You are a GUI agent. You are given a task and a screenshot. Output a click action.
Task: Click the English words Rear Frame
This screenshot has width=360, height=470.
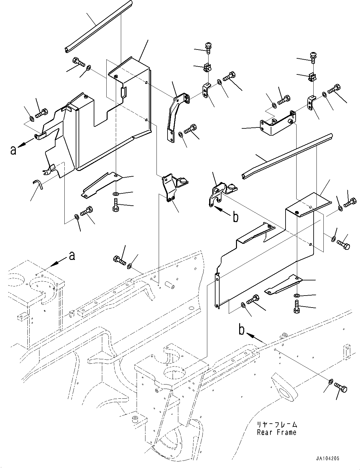coord(277,432)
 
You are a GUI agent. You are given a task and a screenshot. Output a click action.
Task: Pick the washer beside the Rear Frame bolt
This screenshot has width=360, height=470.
coord(330,382)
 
